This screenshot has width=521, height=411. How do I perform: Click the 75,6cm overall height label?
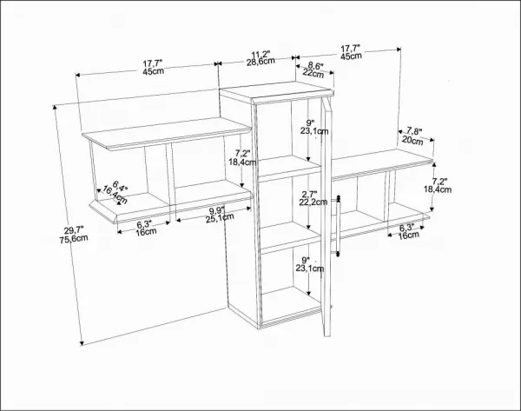(74, 238)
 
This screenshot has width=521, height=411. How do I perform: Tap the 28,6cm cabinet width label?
(260, 61)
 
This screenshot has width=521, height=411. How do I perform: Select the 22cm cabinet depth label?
(313, 73)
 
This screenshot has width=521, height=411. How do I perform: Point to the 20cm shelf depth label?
(412, 140)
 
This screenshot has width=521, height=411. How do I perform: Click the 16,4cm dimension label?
(115, 195)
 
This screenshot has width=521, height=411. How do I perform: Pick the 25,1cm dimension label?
(220, 218)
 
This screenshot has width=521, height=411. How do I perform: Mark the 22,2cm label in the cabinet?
(313, 202)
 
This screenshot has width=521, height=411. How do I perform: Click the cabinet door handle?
(339, 226)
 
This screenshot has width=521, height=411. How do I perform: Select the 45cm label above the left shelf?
(153, 71)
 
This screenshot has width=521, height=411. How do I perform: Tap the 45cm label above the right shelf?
(351, 56)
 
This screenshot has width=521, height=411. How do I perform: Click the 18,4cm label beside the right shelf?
(438, 189)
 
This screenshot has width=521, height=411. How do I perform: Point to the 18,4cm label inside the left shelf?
(242, 162)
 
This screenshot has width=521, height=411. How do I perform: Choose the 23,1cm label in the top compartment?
(314, 131)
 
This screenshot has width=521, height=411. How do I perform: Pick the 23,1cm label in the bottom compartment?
(310, 268)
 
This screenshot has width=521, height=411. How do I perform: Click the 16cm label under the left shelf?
(146, 232)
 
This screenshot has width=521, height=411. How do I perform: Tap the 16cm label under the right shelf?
(408, 235)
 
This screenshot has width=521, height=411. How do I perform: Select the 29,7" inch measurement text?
(74, 229)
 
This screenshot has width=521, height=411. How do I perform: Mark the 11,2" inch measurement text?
(260, 54)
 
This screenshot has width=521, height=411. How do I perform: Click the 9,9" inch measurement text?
(217, 211)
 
